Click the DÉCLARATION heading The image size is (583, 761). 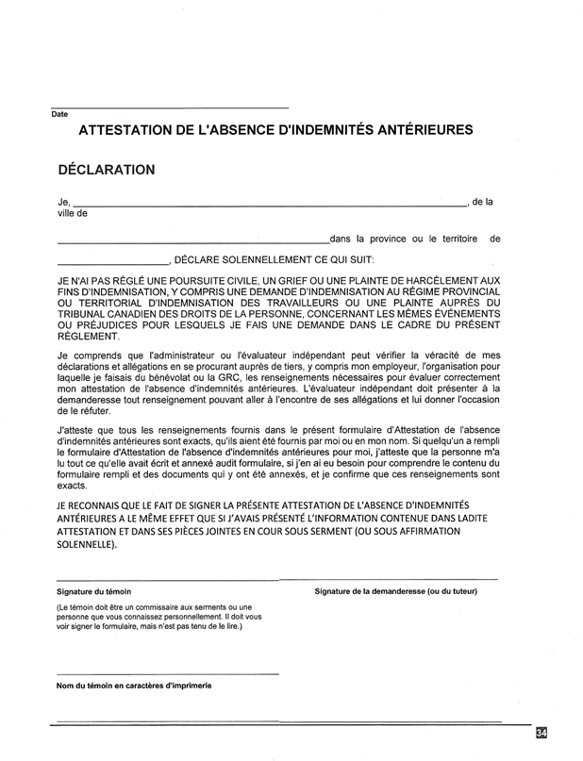[106, 170]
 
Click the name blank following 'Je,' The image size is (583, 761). [269, 203]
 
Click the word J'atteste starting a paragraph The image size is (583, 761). [75, 429]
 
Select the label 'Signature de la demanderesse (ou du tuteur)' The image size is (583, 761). [395, 591]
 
